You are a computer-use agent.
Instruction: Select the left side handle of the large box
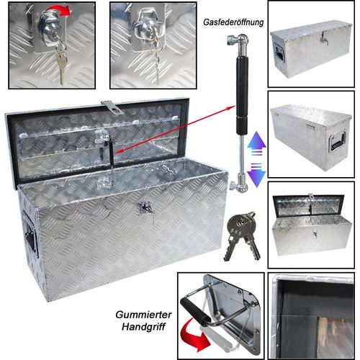coord(30,231)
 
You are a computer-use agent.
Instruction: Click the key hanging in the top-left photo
coord(63,66)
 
